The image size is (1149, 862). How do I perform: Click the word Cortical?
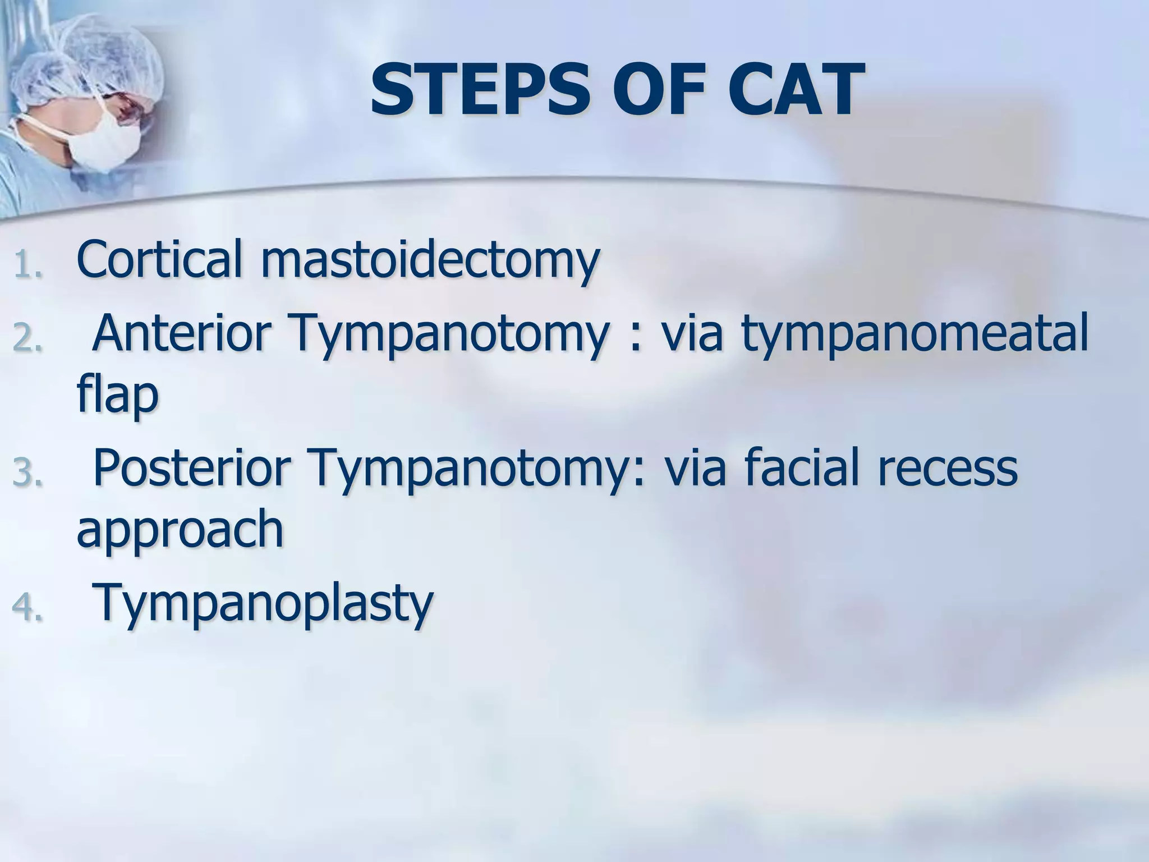coord(160,259)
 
